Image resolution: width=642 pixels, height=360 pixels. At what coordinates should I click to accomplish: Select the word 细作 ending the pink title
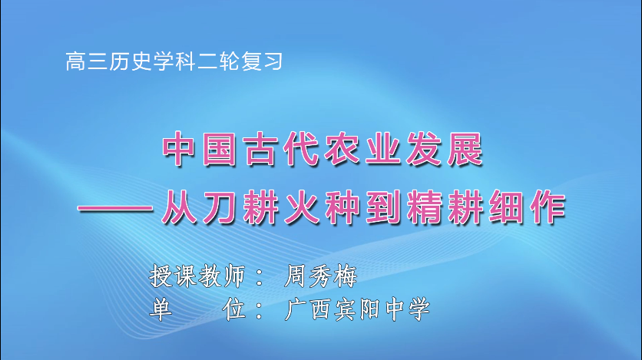pos(528,209)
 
